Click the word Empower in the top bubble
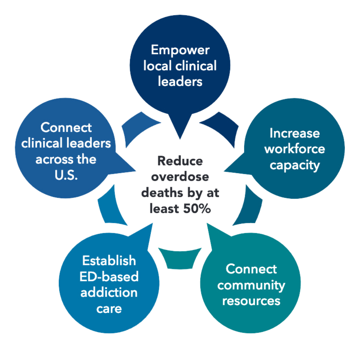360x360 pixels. [180, 50]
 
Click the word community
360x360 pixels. [251, 285]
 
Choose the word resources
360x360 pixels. [251, 301]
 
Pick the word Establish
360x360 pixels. [109, 260]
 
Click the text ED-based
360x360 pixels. [109, 276]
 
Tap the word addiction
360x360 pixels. [109, 292]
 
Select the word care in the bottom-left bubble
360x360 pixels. [109, 309]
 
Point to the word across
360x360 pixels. [50, 159]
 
